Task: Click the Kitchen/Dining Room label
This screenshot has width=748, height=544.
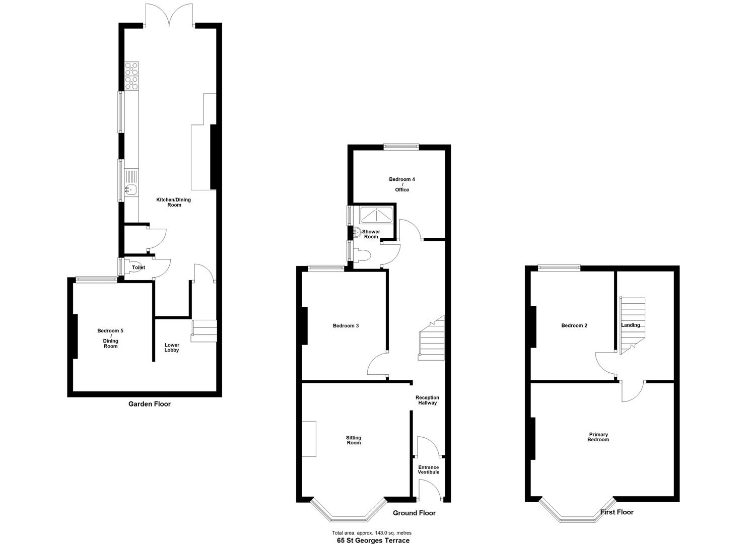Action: [x=174, y=202]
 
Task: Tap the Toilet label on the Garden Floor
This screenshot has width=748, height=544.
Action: [x=138, y=267]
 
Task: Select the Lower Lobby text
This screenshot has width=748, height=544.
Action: [x=172, y=348]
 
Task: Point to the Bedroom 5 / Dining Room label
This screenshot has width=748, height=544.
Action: [x=110, y=338]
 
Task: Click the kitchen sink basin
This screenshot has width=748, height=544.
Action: [x=130, y=190]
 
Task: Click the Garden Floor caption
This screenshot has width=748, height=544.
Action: [x=150, y=404]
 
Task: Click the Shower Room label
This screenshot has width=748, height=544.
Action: [x=371, y=234]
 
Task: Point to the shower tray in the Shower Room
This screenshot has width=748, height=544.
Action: [x=376, y=215]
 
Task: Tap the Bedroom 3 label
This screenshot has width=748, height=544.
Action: [x=346, y=326]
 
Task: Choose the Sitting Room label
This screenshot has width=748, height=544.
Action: [x=354, y=440]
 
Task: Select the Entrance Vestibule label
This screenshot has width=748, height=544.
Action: [x=428, y=469]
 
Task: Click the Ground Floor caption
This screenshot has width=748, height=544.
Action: [x=414, y=513]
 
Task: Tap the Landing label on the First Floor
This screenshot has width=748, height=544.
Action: [x=631, y=325]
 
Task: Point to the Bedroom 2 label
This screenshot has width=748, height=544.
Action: [x=574, y=326]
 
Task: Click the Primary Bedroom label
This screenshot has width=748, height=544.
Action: [x=598, y=437]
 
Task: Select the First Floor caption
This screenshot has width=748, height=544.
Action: [x=617, y=512]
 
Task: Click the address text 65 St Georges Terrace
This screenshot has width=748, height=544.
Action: [x=373, y=540]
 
